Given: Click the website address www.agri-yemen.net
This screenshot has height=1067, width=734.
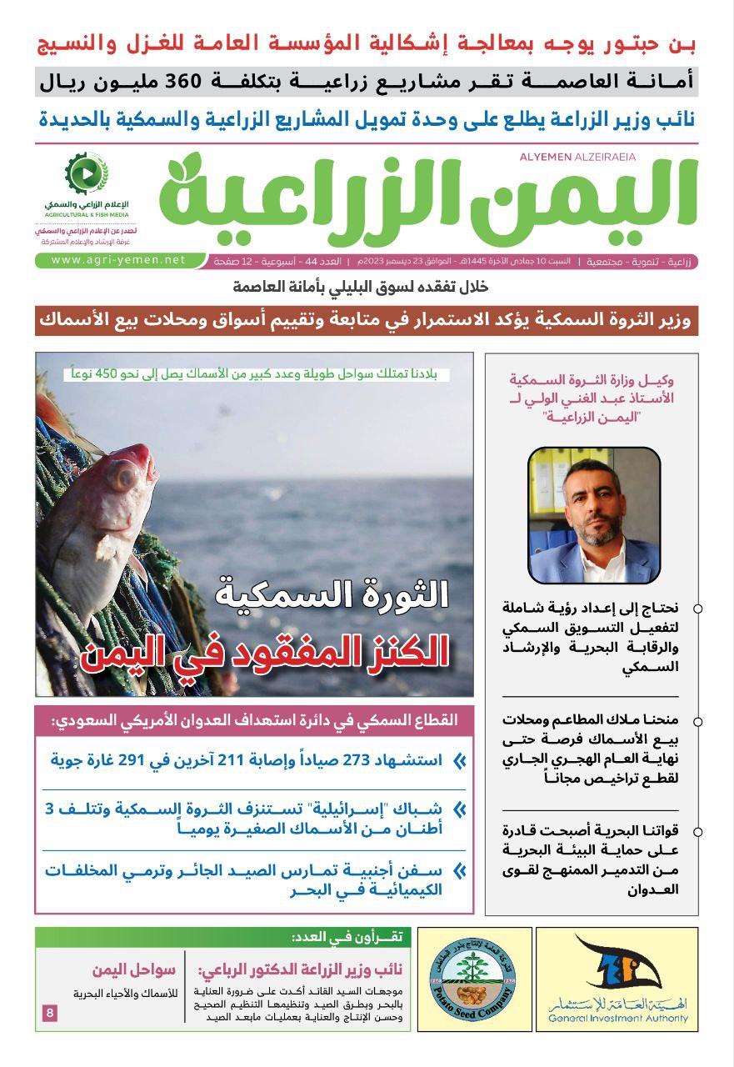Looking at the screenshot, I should click(118, 260).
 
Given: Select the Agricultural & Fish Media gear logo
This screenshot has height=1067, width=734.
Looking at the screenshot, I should click(86, 173).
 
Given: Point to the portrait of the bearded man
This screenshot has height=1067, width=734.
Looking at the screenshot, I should click(594, 514).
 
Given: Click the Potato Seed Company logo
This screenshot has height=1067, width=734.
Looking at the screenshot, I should click(474, 979).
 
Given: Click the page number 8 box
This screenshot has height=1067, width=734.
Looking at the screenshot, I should click(50, 1013).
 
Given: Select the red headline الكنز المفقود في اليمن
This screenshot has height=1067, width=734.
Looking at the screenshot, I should click(265, 650).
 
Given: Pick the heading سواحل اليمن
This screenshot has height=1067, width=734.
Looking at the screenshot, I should click(133, 969).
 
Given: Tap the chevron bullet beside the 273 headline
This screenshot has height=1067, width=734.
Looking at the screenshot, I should click(458, 760).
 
